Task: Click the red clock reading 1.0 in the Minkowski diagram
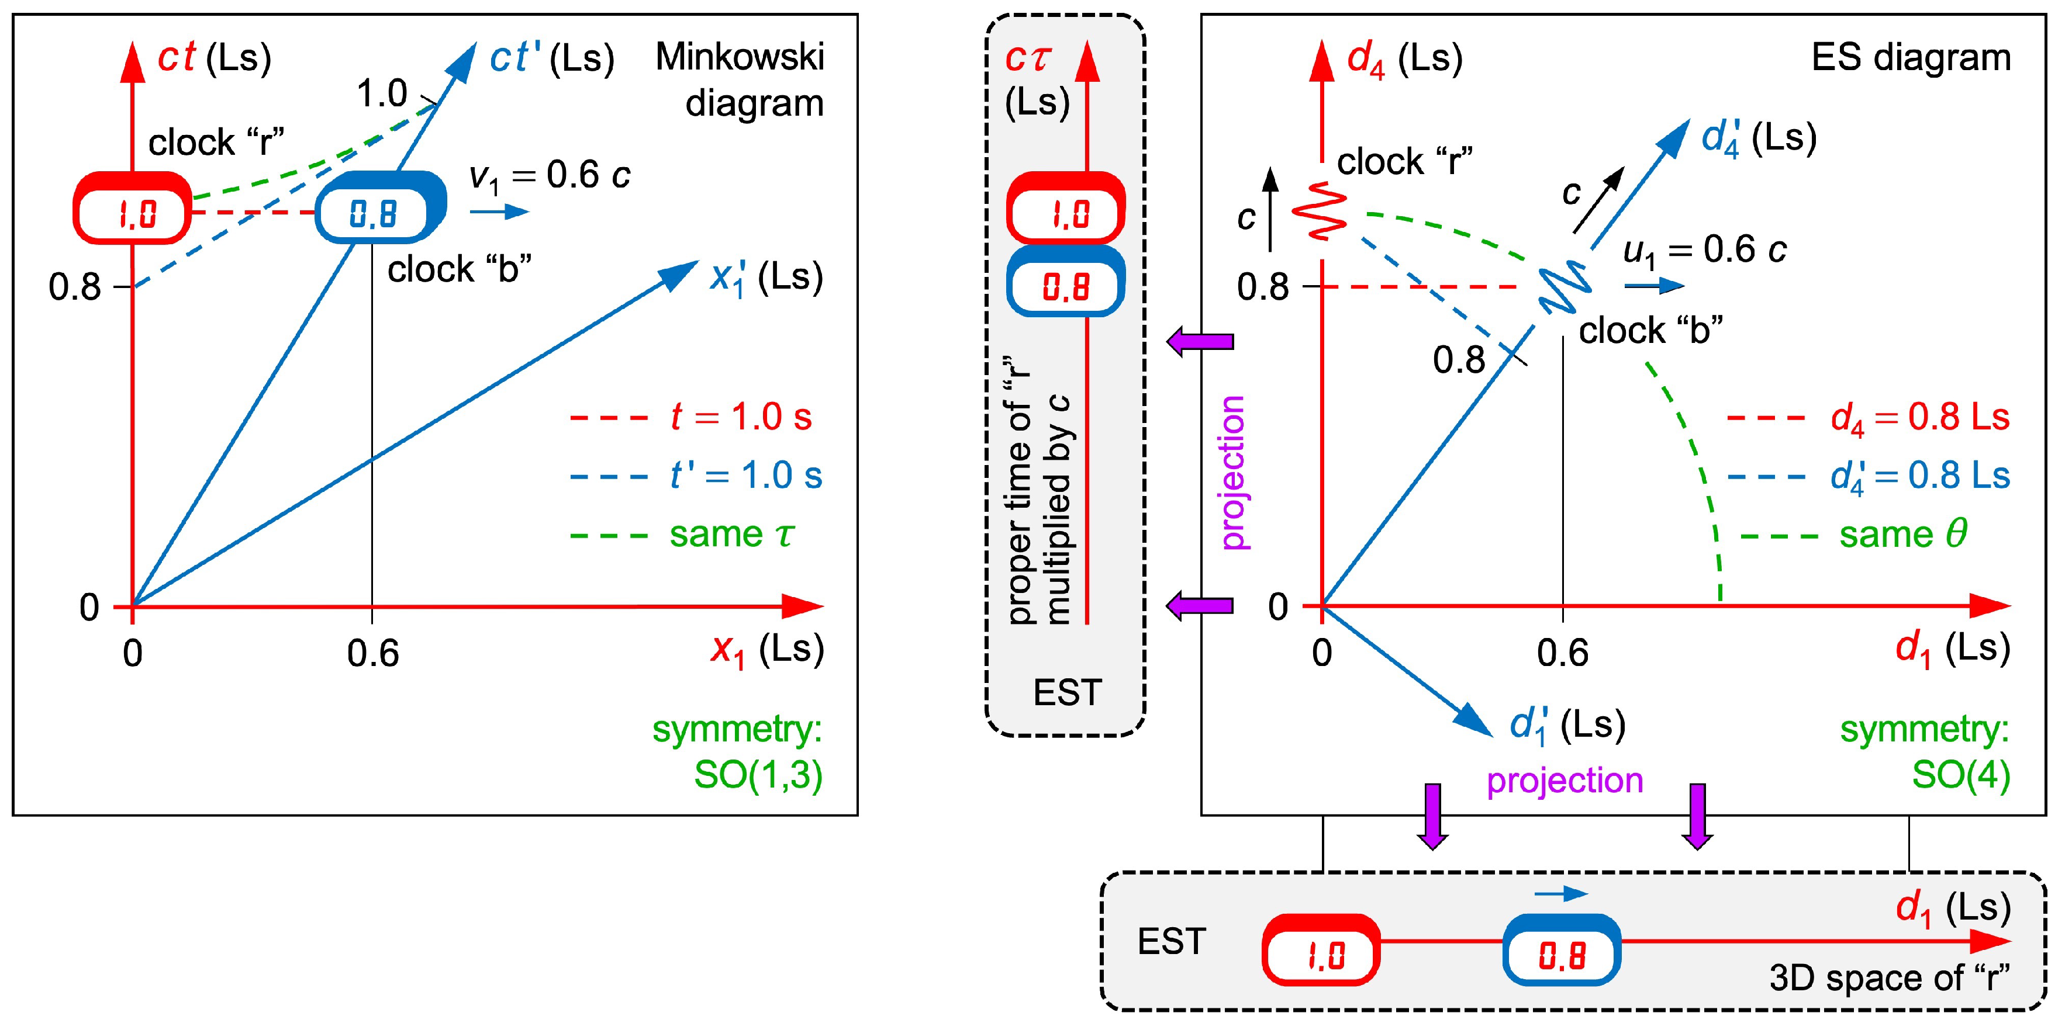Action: [x=133, y=209]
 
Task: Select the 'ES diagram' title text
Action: [x=1910, y=58]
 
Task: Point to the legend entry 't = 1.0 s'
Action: [x=740, y=417]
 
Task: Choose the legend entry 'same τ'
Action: [x=731, y=535]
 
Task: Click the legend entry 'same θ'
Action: [x=1902, y=535]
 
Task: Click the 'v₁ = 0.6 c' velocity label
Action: [x=550, y=176]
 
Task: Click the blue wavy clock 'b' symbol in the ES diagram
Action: [x=1565, y=289]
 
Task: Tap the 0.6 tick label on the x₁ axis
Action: [x=372, y=654]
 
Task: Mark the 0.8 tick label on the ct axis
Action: [x=74, y=287]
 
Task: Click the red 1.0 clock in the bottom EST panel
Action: [x=1321, y=951]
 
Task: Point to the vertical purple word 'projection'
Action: [x=1232, y=473]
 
